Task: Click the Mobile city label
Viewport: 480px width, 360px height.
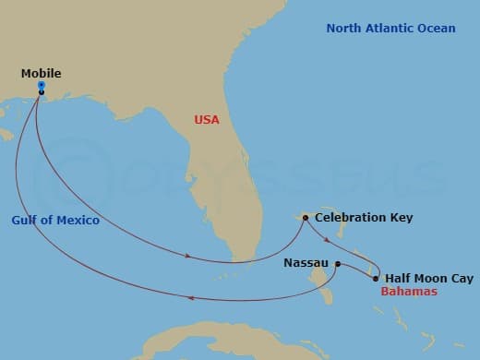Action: tap(42, 71)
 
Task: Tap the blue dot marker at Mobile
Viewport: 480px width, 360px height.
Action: tap(42, 85)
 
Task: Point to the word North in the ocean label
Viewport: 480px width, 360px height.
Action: tap(345, 29)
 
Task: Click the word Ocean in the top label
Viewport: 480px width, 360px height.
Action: tap(437, 29)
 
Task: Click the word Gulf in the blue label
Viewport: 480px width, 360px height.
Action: tap(25, 221)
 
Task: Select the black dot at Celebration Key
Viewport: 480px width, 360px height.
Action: tap(305, 219)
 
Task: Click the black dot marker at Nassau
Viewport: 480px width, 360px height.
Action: tap(338, 264)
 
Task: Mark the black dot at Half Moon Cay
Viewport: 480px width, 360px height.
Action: tap(376, 278)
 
